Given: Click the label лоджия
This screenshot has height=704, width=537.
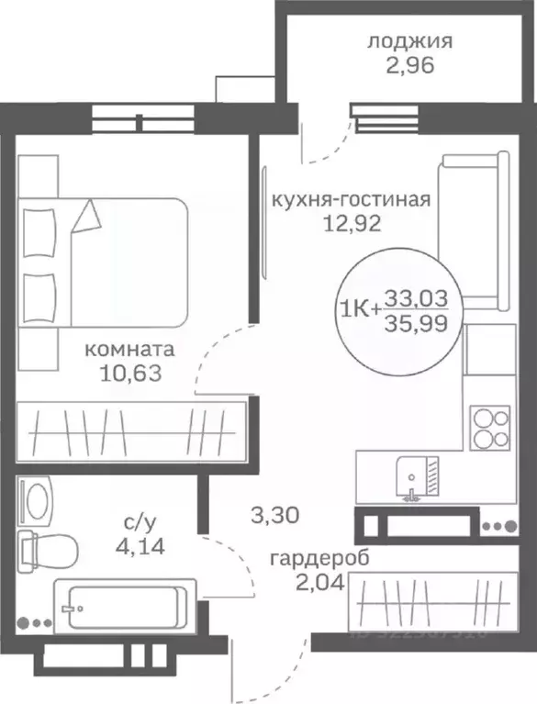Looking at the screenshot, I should tap(398, 40).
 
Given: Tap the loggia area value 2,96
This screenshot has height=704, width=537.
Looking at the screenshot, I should tap(398, 64).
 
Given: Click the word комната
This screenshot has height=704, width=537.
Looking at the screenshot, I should tap(129, 350).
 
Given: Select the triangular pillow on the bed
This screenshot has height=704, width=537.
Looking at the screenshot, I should tap(88, 216).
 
